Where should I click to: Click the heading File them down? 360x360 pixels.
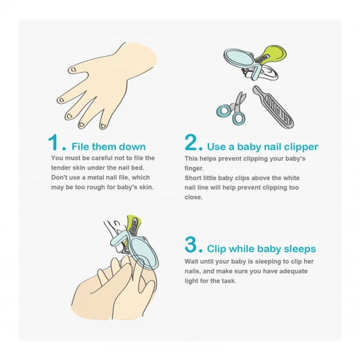[109, 147]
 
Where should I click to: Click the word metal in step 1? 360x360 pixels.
[98, 177]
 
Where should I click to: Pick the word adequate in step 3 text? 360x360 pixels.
[294, 271]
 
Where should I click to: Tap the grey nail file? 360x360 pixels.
[273, 107]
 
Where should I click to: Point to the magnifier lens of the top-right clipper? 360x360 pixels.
[240, 57]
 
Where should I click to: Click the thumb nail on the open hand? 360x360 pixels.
[73, 69]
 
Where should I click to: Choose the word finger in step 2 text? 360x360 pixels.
[194, 168]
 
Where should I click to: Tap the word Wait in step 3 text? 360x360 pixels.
[191, 262]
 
